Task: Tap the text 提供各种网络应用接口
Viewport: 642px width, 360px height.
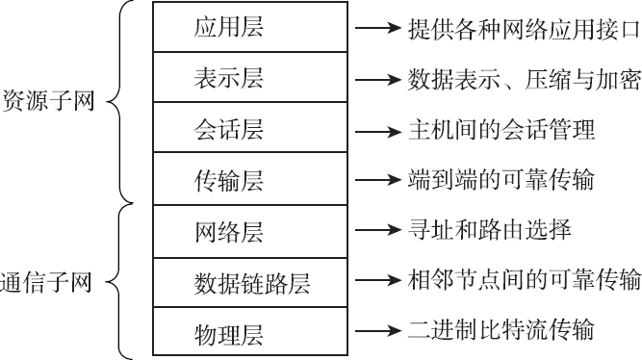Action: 522,28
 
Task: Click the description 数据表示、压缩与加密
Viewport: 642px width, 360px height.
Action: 522,79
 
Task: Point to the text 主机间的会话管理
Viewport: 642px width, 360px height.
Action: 501,129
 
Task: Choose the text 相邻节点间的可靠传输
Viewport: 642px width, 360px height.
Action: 522,281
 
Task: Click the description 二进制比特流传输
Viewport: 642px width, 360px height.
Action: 501,332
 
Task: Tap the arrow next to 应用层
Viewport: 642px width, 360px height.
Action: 376,28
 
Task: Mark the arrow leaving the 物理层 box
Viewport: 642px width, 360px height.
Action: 376,332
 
